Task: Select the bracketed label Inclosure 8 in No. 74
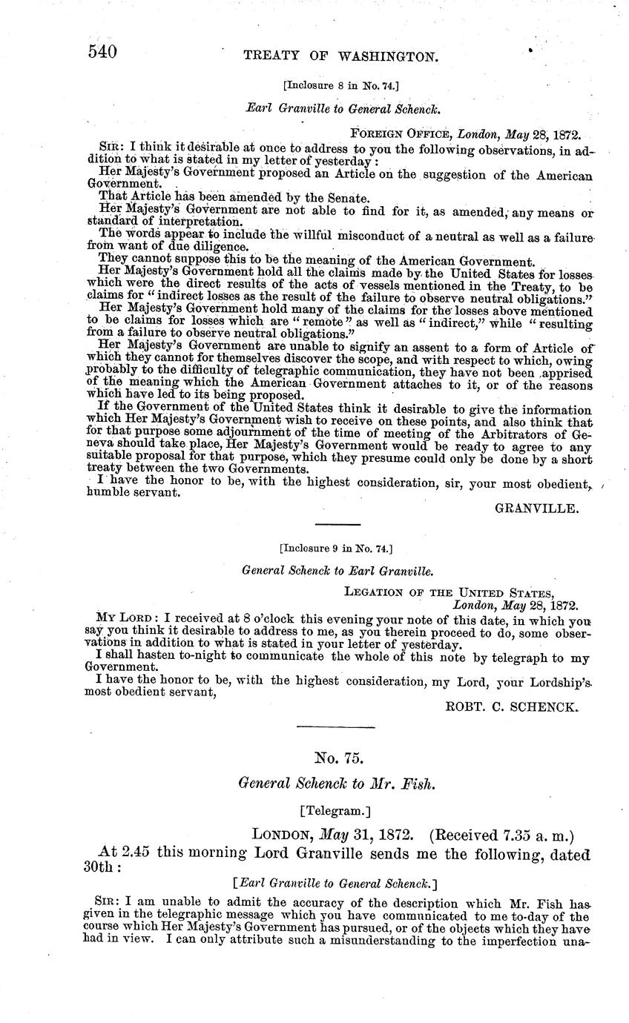point(342,86)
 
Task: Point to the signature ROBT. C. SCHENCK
point(510,707)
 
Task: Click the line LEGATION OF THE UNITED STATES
point(449,592)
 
